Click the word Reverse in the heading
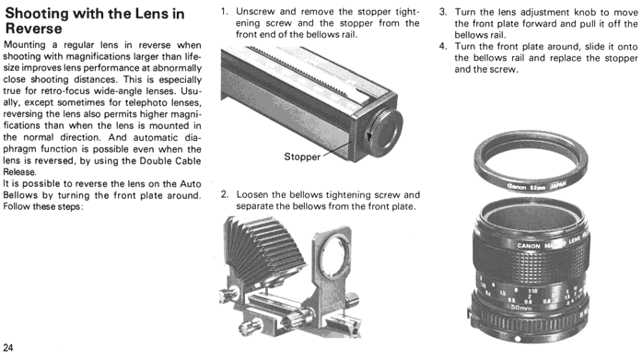coord(34,29)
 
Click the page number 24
coord(7,348)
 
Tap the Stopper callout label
coord(302,157)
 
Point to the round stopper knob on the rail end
coord(385,132)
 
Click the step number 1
coord(224,11)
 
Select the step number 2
coord(225,194)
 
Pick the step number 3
coord(443,12)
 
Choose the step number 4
coord(443,46)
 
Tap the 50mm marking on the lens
coord(520,308)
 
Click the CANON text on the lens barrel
coord(529,246)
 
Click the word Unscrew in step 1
coord(255,12)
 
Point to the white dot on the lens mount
coord(518,339)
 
